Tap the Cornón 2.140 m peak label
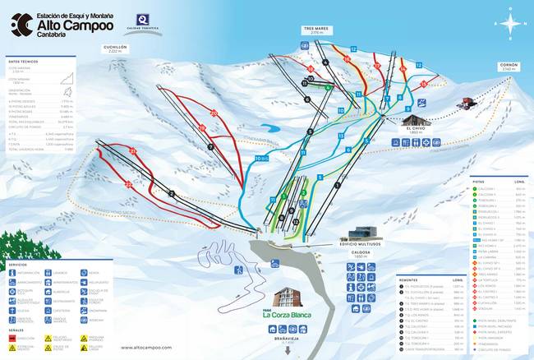(x=509, y=67)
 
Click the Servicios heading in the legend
(x=19, y=264)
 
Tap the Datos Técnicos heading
(x=25, y=61)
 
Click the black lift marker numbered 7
(x=210, y=147)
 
